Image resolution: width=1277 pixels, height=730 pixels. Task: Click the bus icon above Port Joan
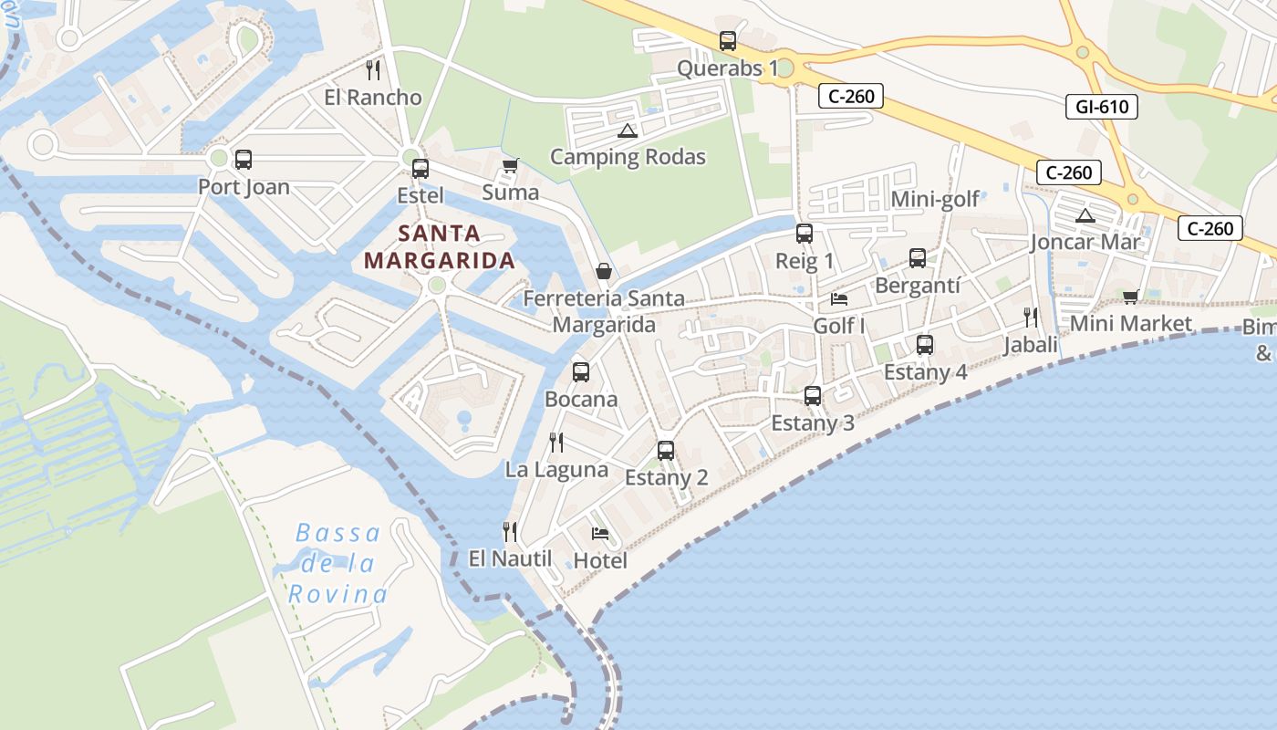pos(244,160)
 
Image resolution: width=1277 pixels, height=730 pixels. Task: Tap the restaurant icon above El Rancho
pos(372,69)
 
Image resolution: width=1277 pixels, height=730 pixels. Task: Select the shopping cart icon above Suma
pos(510,165)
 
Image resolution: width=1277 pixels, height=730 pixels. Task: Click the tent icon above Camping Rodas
pos(627,130)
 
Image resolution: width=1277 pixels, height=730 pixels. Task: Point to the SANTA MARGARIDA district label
pos(440,246)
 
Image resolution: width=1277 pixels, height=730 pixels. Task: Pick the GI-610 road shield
pos(1102,107)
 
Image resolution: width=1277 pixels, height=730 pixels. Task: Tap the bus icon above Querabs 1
pos(727,41)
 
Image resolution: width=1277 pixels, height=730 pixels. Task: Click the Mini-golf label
pos(935,199)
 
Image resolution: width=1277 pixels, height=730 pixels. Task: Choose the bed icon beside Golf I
pos(839,299)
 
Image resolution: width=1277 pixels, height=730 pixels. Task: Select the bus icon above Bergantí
pos(917,258)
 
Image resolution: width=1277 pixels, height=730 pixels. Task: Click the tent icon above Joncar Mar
pos(1085,216)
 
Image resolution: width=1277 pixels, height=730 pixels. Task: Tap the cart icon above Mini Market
pos(1131,297)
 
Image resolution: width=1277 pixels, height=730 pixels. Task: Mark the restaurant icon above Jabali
pos(1031,318)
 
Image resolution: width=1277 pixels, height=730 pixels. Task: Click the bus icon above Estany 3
pos(813,396)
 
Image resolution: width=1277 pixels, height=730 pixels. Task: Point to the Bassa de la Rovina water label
pos(337,563)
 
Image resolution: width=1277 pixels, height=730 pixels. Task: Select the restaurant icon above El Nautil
pos(510,531)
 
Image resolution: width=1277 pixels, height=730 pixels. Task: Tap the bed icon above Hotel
pos(599,534)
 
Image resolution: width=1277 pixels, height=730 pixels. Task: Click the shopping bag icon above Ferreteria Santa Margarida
pos(604,271)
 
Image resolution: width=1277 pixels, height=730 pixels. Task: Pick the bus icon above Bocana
pos(581,372)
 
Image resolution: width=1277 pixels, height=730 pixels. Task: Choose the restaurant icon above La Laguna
pos(556,443)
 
